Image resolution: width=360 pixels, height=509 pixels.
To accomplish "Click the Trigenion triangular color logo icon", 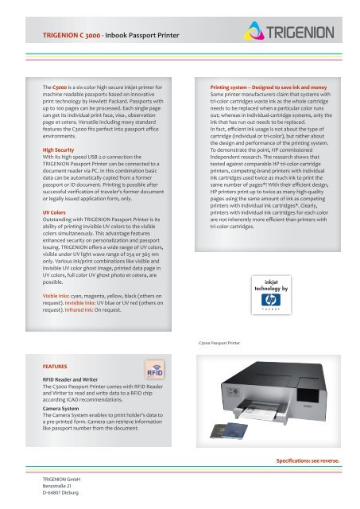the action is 254,31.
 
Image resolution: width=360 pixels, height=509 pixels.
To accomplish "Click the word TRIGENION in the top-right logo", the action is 300,33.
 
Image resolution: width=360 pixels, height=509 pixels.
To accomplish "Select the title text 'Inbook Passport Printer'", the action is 142,35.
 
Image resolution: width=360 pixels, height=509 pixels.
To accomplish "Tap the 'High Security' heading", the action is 58,150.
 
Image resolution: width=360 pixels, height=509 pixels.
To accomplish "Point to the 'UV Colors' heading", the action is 54,212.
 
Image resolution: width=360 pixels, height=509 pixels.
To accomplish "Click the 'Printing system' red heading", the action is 269,87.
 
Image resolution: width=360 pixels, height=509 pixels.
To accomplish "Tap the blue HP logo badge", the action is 271,300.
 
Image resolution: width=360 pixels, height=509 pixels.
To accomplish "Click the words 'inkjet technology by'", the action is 271,286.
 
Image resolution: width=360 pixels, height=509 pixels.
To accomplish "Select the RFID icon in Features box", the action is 155,369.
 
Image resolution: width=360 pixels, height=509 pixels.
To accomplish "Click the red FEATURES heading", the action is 55,367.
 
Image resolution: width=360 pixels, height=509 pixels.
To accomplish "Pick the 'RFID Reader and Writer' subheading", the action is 70,379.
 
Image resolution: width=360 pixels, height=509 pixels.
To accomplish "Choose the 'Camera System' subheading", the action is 60,409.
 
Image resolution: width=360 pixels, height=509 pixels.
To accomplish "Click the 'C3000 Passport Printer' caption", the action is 219,343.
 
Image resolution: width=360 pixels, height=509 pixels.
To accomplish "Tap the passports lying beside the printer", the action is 229,430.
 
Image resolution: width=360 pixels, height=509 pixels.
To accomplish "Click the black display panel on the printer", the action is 308,395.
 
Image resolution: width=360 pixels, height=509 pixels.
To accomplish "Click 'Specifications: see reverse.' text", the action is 308,460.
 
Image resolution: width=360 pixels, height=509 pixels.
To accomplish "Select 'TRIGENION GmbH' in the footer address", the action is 61,479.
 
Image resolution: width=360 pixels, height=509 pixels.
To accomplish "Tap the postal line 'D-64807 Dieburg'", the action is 60,493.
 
